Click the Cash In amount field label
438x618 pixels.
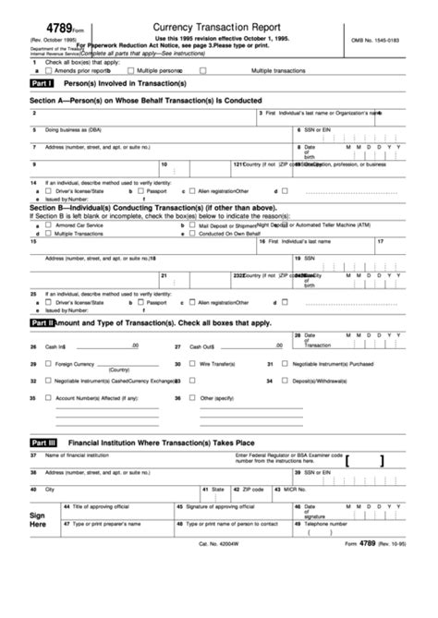click(x=55, y=347)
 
